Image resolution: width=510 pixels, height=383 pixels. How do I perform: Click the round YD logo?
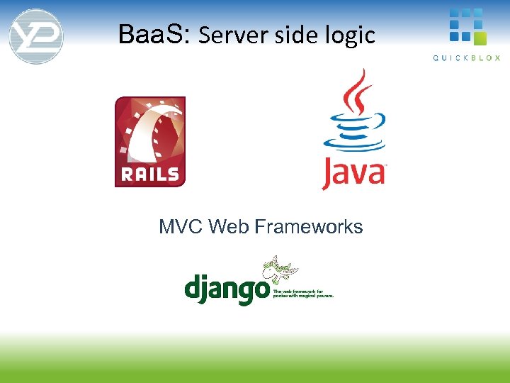[x=36, y=36]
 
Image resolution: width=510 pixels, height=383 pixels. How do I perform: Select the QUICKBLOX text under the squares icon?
[x=467, y=57]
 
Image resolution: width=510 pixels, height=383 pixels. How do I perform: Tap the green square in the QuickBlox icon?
[x=480, y=38]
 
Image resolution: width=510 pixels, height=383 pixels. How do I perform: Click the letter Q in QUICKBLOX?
[x=436, y=57]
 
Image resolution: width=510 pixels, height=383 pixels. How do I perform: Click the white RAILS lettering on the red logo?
[x=150, y=174]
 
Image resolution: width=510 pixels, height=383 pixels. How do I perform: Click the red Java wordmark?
[x=353, y=174]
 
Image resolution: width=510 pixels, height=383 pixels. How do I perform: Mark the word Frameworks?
[x=308, y=227]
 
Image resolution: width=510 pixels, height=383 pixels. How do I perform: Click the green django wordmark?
[x=226, y=289]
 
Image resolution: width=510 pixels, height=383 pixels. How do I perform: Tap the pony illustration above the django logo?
[x=280, y=271]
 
